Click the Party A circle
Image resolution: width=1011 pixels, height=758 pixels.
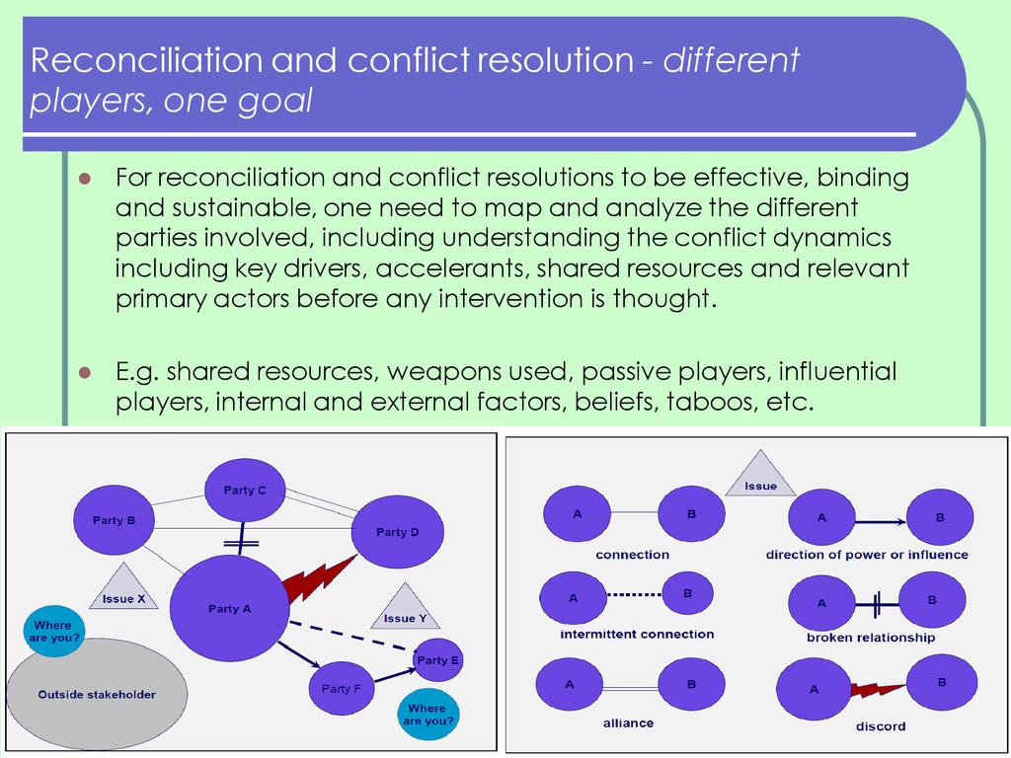229,608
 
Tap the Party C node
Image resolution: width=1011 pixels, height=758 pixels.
245,490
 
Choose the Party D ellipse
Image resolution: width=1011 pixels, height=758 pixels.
398,532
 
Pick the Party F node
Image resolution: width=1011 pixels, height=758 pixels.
342,688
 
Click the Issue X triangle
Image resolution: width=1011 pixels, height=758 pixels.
124,590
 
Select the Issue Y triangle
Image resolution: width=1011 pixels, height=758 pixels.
405,609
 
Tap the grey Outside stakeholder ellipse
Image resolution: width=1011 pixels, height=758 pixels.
96,693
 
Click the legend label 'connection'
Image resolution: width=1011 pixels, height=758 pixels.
633,555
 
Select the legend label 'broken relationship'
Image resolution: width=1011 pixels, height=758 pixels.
870,638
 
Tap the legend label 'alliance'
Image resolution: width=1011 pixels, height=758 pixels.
629,722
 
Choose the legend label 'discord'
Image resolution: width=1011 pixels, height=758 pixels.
881,726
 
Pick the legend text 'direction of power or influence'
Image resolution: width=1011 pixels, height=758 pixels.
867,555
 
